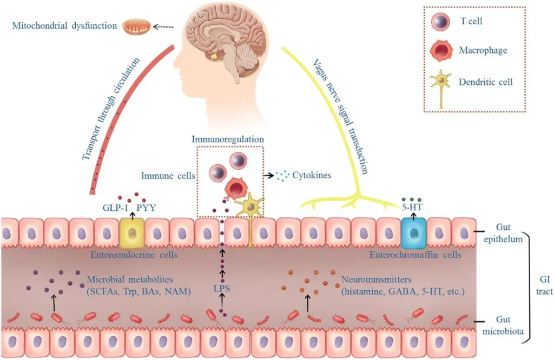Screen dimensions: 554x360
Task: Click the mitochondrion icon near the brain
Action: (137, 27)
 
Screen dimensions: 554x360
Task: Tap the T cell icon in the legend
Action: (440, 22)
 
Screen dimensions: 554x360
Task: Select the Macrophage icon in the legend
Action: (441, 50)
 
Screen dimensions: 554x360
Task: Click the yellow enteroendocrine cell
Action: (133, 233)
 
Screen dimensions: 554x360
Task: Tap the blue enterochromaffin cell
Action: (414, 233)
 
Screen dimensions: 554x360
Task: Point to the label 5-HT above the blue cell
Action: (412, 207)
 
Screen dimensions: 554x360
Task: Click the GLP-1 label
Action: (115, 208)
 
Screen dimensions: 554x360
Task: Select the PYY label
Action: (146, 208)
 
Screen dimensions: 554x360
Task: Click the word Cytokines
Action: (312, 175)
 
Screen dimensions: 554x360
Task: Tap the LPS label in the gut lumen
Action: (221, 288)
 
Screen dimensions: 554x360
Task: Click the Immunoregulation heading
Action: (228, 139)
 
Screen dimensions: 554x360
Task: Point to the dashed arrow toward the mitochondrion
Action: (163, 27)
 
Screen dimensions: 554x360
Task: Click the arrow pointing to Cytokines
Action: (269, 175)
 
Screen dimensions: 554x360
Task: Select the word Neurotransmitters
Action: (377, 279)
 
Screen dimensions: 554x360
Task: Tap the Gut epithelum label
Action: (503, 233)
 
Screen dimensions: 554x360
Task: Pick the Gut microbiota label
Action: (503, 325)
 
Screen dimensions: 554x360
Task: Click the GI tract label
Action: (544, 285)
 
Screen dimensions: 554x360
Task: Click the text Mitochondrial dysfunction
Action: (64, 25)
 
